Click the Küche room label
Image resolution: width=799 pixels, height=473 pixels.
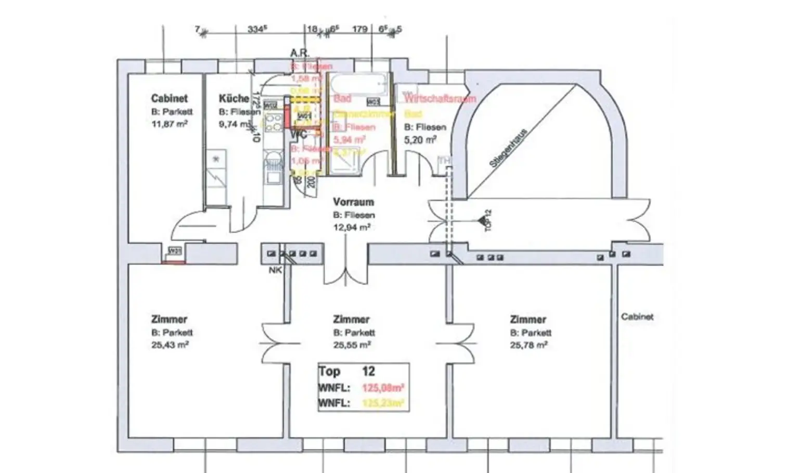coord(234,98)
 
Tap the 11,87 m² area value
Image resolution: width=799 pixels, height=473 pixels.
coord(170,124)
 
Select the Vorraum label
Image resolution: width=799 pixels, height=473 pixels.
coord(353,202)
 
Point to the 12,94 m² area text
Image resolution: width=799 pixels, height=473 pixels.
coord(352,227)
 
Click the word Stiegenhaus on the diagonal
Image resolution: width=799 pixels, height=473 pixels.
coord(508,148)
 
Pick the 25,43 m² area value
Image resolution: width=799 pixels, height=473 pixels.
coord(170,345)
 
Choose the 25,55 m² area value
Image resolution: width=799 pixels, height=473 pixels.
coord(352,345)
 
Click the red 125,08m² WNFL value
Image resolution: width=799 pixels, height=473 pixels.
coord(383,388)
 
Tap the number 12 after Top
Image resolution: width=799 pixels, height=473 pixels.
coord(368,371)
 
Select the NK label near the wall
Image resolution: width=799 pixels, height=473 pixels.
coord(275,270)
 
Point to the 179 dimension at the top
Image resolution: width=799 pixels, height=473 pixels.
coord(359,29)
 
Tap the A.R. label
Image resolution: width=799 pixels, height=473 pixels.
coord(300,53)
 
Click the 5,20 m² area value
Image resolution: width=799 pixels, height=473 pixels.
coord(420,140)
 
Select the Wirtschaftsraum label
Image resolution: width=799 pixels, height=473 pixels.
coord(440,98)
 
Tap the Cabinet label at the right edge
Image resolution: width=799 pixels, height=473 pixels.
coord(637,317)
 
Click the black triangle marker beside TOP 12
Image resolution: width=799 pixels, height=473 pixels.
coord(481,221)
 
